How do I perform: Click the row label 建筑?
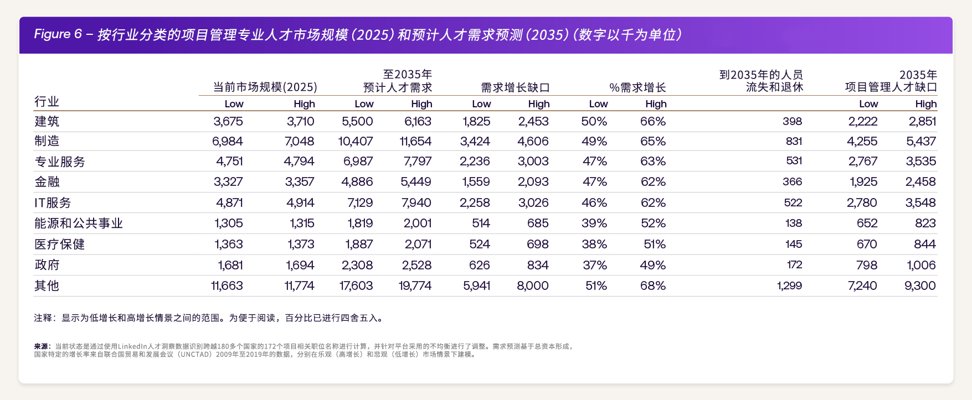tap(47, 121)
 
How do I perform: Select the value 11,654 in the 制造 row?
tap(415, 141)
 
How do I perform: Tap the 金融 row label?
tap(47, 182)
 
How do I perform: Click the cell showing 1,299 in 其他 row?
tap(789, 285)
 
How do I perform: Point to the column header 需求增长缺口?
tap(515, 87)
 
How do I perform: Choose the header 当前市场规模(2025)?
tap(265, 87)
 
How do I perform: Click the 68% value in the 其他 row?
tap(653, 285)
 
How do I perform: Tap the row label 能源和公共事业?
tap(78, 224)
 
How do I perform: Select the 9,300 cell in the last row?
tap(920, 285)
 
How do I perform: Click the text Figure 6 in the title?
tap(53, 34)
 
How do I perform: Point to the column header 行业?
tap(47, 102)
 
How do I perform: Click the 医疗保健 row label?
tap(59, 245)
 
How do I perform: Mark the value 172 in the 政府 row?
tap(794, 265)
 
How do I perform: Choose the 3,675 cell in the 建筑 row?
tap(228, 121)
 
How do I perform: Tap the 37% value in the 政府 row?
tap(595, 265)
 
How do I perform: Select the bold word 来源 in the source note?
tap(42, 346)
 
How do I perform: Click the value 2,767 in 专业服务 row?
tap(862, 162)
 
